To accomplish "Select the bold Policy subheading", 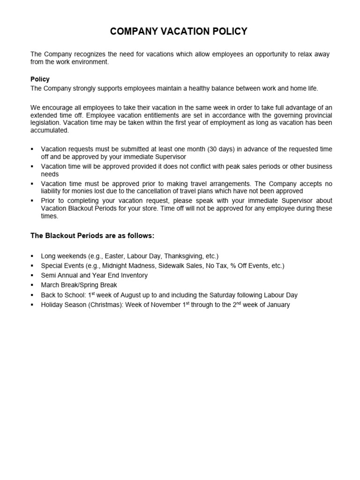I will coord(40,79).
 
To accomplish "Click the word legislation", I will coord(46,123).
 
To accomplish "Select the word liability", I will coord(53,191).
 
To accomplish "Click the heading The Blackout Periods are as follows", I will coord(92,235).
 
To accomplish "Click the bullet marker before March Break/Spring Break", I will coord(32,285).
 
